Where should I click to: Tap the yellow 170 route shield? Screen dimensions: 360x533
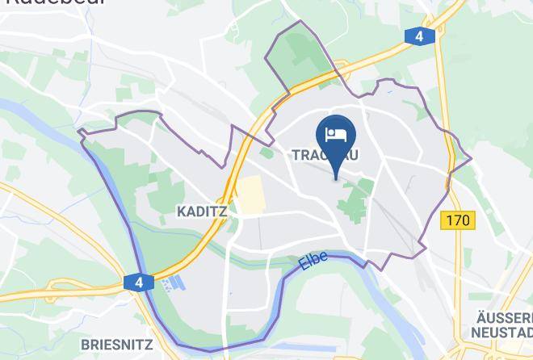pos(458,220)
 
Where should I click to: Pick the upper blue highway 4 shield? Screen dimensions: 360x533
pos(418,36)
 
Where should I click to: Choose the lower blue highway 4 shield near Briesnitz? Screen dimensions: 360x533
pos(139,283)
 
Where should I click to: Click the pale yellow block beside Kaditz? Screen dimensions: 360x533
pos(251,196)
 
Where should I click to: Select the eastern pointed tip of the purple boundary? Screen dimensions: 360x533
pos(470,157)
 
